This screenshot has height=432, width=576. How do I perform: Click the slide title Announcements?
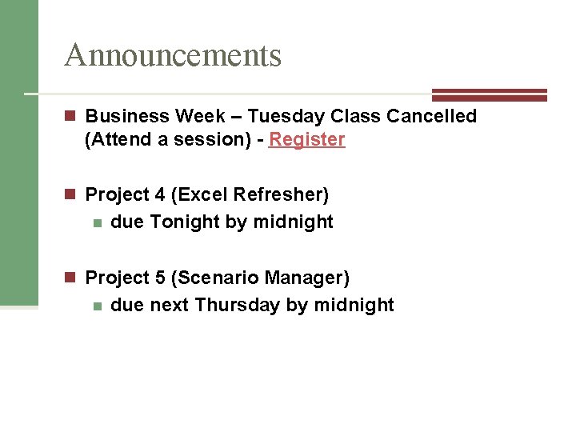(x=173, y=55)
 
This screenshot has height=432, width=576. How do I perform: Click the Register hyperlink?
(x=306, y=140)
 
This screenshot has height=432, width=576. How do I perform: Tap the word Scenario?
(x=215, y=278)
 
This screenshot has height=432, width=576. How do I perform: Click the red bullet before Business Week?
(x=70, y=117)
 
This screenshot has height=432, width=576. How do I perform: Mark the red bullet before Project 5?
(x=70, y=278)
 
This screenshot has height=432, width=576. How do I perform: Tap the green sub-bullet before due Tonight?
(x=97, y=223)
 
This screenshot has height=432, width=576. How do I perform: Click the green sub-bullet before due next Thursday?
(x=97, y=306)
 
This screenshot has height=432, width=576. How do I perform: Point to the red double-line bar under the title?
(x=489, y=94)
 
